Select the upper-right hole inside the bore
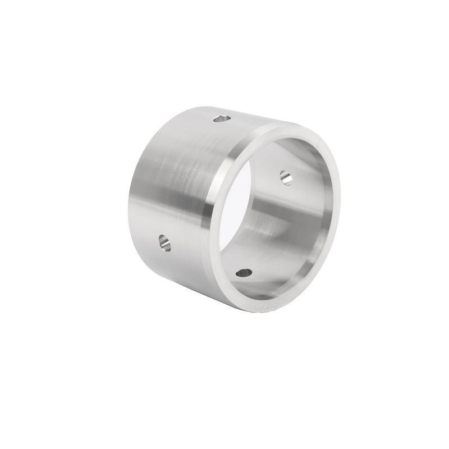[285, 176]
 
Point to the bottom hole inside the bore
[244, 273]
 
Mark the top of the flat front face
[292, 128]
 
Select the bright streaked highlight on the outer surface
[174, 168]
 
